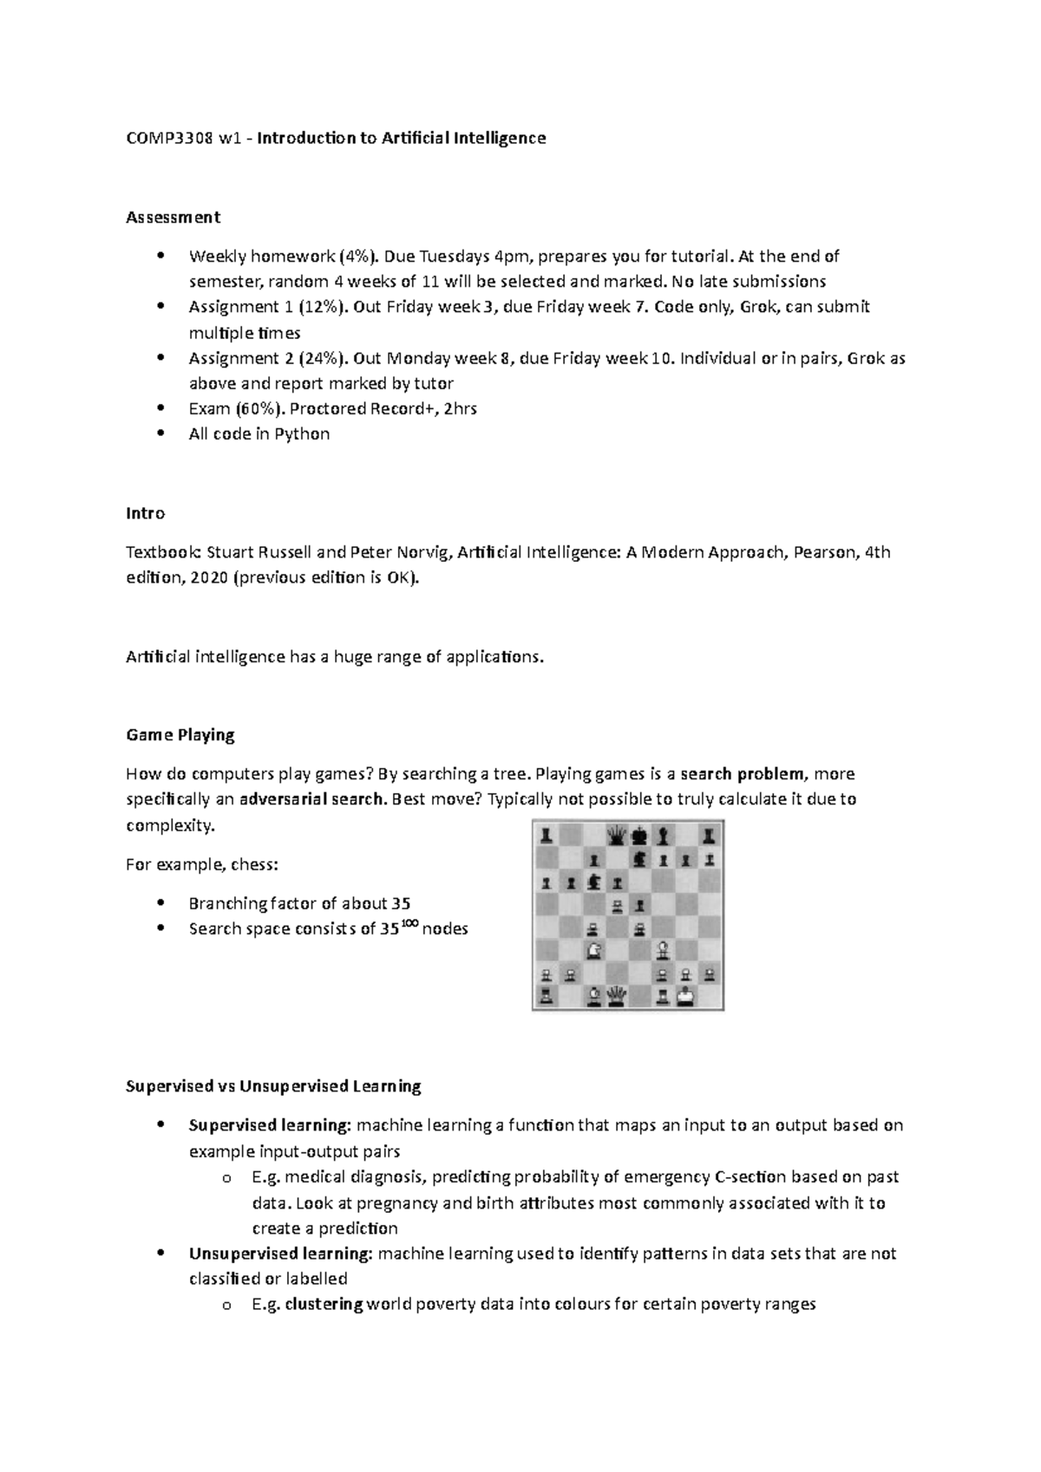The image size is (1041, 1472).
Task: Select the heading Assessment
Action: click(173, 217)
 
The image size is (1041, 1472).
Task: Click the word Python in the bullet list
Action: click(302, 434)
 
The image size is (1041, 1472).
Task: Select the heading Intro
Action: click(145, 513)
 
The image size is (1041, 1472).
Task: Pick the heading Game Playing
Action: click(180, 735)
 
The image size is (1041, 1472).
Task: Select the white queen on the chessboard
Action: click(617, 996)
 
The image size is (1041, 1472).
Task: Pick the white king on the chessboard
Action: click(686, 996)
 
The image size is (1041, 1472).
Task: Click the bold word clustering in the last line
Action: click(324, 1305)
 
